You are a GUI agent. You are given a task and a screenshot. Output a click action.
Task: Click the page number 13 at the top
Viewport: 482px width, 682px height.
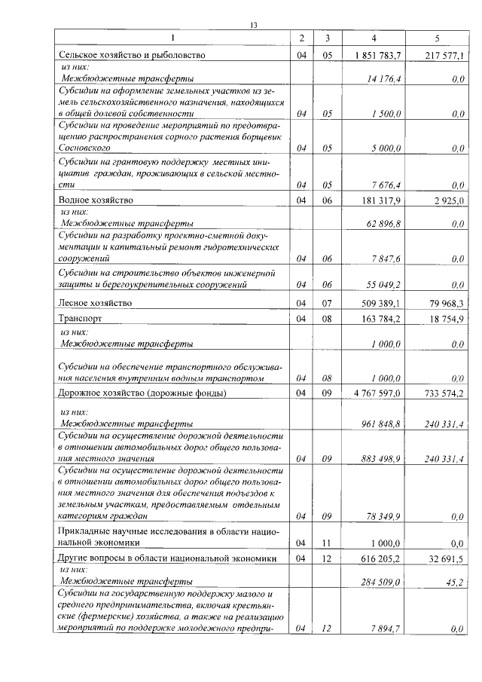[x=254, y=26]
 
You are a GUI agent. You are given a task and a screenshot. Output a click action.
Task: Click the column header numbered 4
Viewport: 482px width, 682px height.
[x=374, y=38]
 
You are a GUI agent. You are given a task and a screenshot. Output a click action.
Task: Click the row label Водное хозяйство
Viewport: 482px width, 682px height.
[x=96, y=200]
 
